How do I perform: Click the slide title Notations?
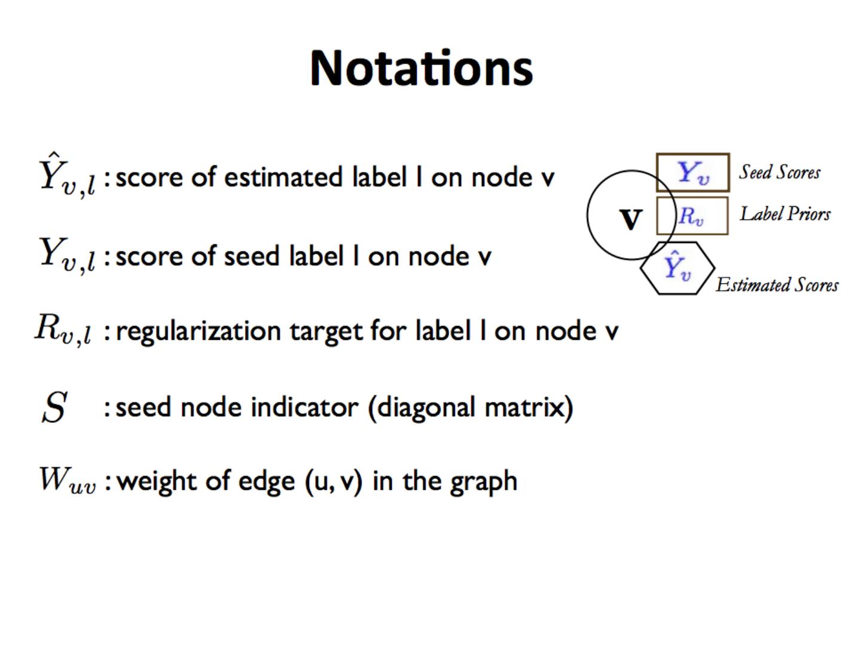coord(421,68)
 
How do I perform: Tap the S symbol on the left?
coord(54,408)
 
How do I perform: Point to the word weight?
coord(157,481)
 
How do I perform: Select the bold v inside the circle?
coord(630,219)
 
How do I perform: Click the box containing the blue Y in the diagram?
coord(693,173)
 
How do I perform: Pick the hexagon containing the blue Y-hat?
coord(677,268)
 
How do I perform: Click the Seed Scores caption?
coord(780,173)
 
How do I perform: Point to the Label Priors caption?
coord(785,214)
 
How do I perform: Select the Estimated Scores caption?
coord(777,285)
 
